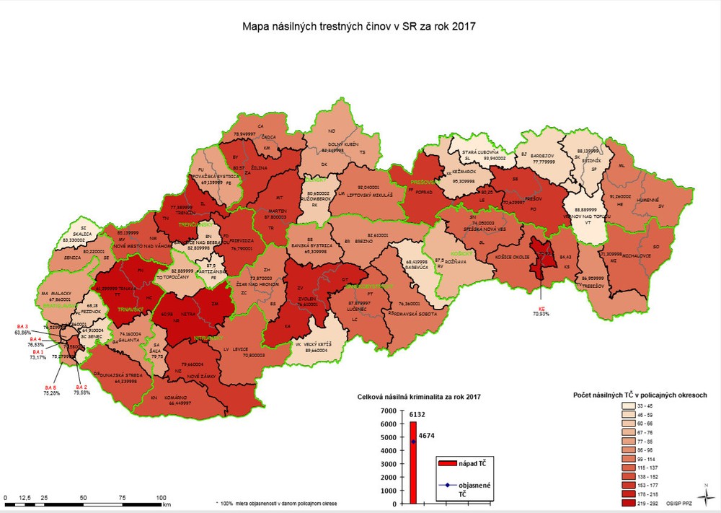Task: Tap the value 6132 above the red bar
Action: point(417,416)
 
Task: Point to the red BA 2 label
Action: point(81,388)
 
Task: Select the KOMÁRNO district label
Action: point(176,398)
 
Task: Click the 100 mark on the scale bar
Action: point(162,498)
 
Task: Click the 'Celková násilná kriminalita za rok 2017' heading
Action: point(418,397)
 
